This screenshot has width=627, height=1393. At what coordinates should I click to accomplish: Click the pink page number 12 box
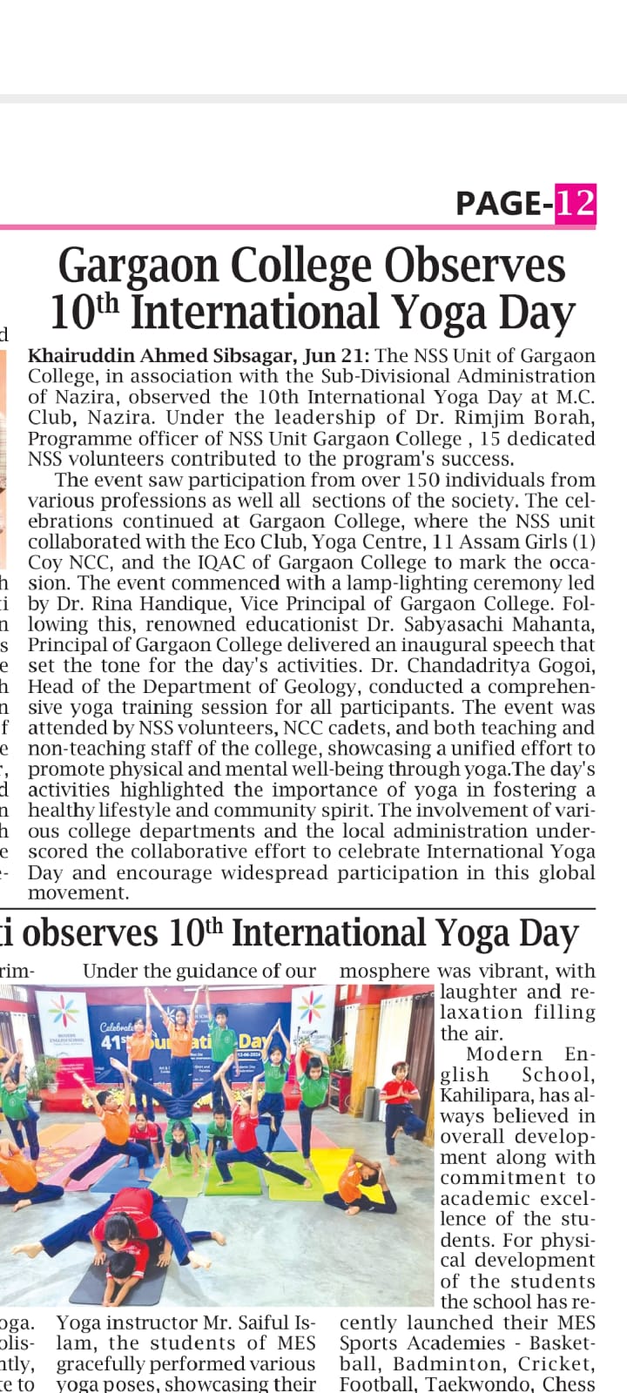click(576, 203)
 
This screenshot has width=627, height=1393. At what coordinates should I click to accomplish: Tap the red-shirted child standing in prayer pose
click(401, 1098)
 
